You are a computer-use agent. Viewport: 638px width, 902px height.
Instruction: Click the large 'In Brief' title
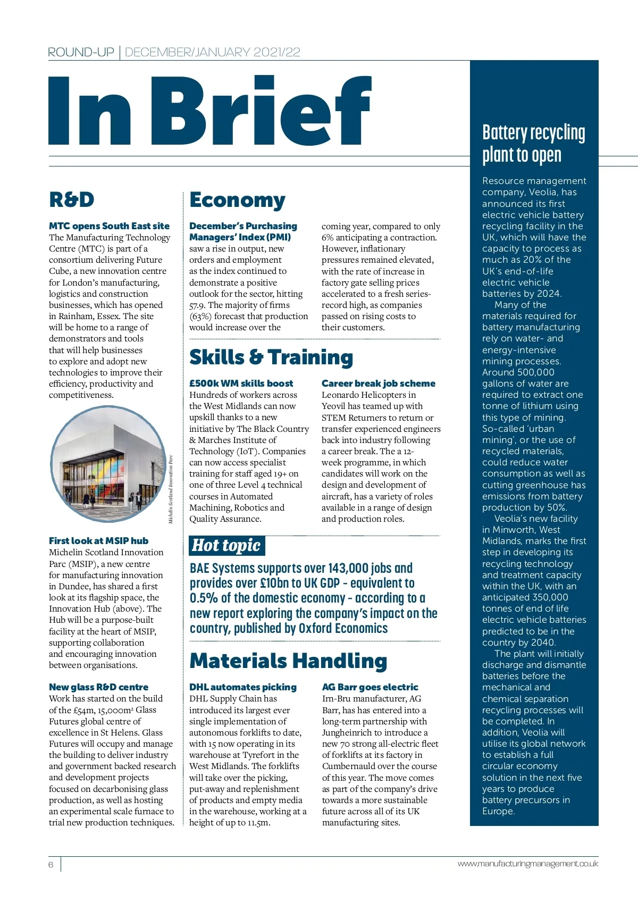point(210,111)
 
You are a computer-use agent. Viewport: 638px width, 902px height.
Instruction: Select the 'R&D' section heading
point(72,200)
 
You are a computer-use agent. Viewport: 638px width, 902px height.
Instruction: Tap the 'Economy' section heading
point(237,200)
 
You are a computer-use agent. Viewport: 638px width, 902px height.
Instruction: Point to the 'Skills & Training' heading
point(271,357)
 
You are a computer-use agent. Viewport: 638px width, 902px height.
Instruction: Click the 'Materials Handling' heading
point(288,661)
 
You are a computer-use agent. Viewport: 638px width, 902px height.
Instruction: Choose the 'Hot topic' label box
point(227,546)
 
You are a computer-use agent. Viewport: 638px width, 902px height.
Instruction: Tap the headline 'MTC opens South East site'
point(109,226)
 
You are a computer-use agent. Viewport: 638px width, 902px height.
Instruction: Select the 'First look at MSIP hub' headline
point(98,541)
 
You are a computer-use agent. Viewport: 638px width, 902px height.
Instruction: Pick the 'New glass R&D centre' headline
point(98,687)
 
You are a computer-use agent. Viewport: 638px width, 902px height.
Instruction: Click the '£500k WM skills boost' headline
point(241,383)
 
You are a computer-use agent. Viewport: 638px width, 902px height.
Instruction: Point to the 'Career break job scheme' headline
point(378,383)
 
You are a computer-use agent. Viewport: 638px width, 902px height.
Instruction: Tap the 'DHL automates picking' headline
point(243,687)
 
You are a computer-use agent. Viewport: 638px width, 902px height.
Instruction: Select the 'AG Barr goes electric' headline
point(370,687)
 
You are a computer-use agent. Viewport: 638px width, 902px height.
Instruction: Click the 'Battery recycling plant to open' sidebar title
point(533,144)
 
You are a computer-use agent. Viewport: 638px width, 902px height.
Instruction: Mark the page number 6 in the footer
point(51,864)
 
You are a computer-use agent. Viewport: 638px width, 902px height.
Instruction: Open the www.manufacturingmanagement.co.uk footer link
point(527,864)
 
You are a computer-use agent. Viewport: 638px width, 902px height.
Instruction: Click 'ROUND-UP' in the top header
point(81,52)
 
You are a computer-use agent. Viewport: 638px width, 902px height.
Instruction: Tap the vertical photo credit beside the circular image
point(171,488)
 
